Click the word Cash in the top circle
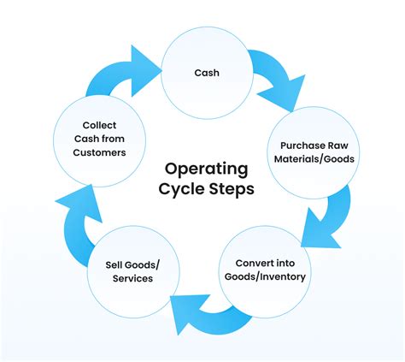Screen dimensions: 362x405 tap(206, 73)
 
